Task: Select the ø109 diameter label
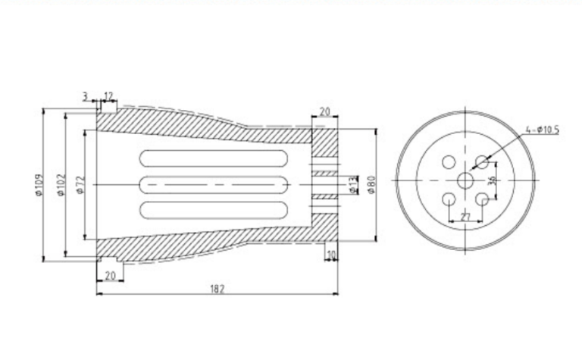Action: coord(39,185)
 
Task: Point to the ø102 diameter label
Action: coord(61,185)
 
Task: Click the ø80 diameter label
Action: coord(372,184)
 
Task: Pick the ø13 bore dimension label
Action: coord(353,184)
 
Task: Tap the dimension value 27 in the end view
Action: coord(465,217)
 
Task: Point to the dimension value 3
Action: coord(86,96)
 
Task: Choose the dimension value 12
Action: coord(108,96)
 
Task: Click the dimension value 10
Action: coord(330,253)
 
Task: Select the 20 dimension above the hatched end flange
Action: coord(324,112)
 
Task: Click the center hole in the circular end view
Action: coord(465,180)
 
